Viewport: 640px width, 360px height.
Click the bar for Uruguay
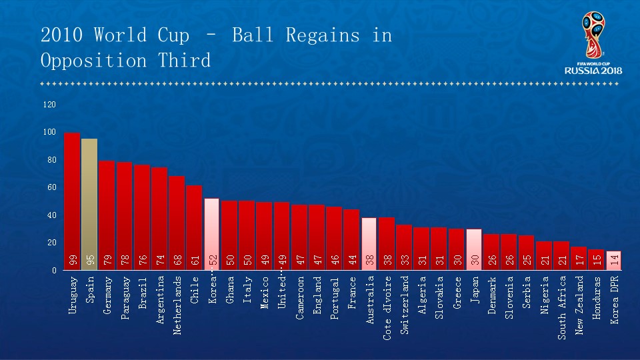click(x=72, y=200)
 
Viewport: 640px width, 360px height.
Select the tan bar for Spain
click(x=89, y=203)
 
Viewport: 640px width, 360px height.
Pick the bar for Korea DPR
click(x=613, y=260)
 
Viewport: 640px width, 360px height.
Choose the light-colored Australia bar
click(x=369, y=243)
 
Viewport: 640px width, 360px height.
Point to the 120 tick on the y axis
click(x=50, y=105)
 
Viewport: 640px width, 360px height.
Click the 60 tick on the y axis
click(x=52, y=187)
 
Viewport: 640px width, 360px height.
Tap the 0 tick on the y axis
click(x=54, y=270)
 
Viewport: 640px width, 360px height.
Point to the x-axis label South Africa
click(x=562, y=307)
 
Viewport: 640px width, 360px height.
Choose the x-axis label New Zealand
click(x=579, y=305)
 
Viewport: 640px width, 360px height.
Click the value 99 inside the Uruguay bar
click(x=73, y=260)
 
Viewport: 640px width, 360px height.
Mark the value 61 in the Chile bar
click(x=195, y=260)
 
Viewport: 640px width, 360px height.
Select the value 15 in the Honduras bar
click(x=597, y=261)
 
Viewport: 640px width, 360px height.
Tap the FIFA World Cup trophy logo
click(x=593, y=37)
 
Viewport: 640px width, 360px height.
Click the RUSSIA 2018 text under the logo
click(x=593, y=70)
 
